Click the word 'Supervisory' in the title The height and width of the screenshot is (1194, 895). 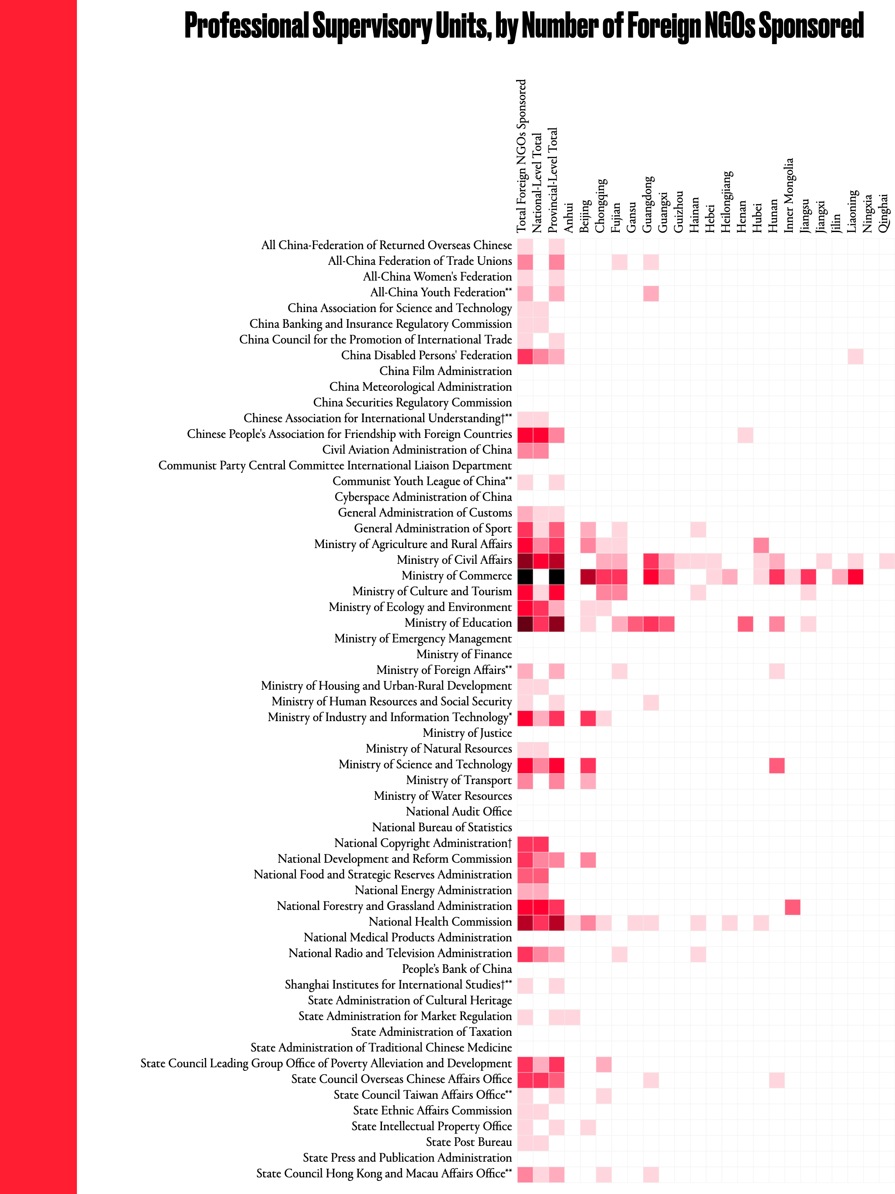(372, 26)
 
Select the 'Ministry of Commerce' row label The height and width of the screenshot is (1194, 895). (456, 576)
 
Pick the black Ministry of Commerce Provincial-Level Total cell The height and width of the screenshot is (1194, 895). (557, 576)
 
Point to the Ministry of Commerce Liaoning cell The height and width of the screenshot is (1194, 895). (855, 576)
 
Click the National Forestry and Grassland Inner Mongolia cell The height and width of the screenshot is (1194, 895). (792, 907)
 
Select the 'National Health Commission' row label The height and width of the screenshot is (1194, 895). (440, 922)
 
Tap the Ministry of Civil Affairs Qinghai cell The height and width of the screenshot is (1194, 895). (886, 561)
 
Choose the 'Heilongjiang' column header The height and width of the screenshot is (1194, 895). (727, 202)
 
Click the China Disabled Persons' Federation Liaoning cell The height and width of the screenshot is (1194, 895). (855, 356)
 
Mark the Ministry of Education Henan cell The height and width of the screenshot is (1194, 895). (745, 624)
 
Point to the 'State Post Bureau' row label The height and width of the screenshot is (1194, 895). (468, 1142)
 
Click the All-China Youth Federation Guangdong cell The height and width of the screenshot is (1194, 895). (650, 293)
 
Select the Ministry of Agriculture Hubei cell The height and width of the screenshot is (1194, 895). (760, 545)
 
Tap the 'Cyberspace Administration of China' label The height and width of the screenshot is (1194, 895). (423, 497)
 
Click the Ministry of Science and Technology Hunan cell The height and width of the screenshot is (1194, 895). (776, 765)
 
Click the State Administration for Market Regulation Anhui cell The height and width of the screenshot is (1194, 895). (572, 1017)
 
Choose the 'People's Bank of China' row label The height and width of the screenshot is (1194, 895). (457, 969)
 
